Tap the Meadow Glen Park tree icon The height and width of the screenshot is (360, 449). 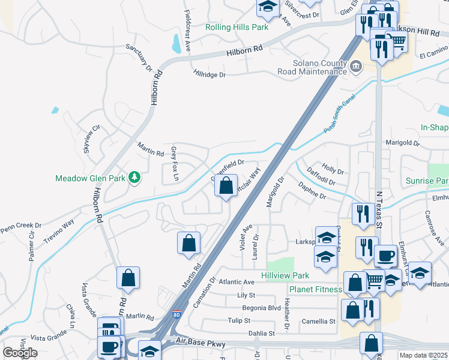[136, 177]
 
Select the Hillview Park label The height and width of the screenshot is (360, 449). [285, 275]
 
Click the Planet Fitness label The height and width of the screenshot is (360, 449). [315, 289]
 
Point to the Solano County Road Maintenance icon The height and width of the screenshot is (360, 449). [356, 65]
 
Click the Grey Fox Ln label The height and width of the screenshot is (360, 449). [175, 163]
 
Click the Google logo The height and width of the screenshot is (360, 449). [20, 353]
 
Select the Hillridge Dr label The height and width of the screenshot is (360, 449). [209, 75]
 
